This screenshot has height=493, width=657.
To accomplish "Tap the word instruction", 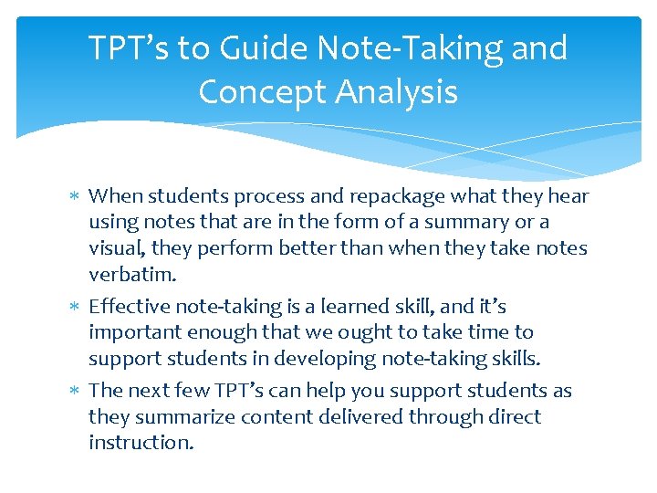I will tap(141, 443).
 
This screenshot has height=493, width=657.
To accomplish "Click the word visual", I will tap(117, 248).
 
